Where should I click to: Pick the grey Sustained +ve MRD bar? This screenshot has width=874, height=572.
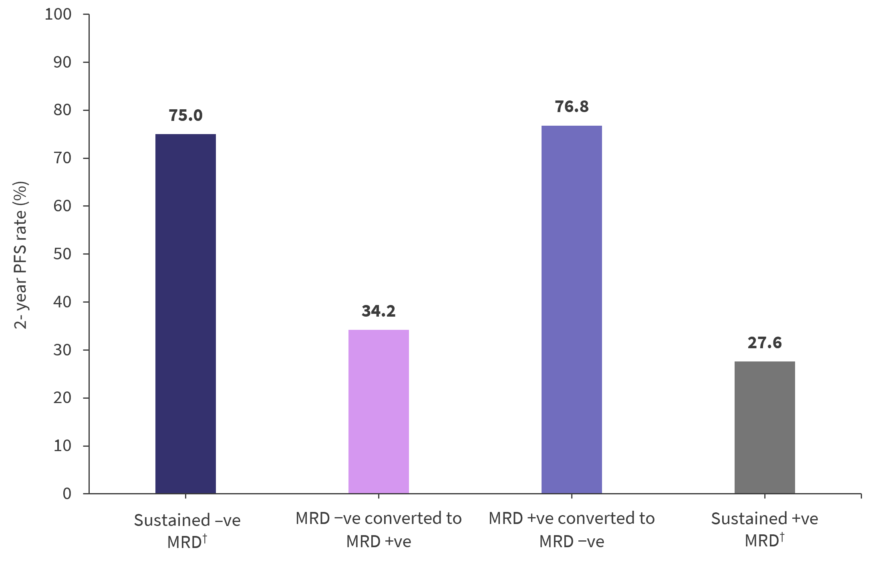coord(764,427)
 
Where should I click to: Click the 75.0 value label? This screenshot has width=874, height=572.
coord(185,115)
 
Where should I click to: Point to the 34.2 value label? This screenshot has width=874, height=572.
coord(379,311)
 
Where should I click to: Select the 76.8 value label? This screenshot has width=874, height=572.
coord(572,106)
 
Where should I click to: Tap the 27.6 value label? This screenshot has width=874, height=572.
coord(764,343)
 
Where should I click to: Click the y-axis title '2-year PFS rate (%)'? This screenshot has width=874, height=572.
coord(20,255)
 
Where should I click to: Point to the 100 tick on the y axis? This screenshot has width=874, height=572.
coord(58,14)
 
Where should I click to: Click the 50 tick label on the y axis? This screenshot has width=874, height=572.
coord(62,254)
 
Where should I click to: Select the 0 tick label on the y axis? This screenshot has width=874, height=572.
coord(67,494)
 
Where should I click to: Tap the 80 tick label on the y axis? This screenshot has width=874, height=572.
coord(62,110)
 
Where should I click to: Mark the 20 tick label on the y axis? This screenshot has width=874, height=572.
coord(62,397)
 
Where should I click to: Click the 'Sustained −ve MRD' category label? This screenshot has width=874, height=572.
coord(187,530)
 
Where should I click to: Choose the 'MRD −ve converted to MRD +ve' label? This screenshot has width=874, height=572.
coord(379,529)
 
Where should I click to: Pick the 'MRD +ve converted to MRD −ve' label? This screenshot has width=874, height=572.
coord(572,529)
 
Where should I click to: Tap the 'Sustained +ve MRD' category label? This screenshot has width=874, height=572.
coord(764,529)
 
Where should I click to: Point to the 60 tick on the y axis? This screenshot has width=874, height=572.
coord(62,206)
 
